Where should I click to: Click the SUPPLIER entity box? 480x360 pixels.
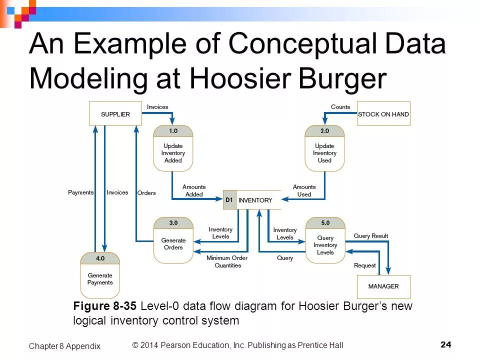pos(115,114)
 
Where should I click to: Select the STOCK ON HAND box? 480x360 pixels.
pos(383,114)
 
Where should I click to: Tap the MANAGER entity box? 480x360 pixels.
pos(383,286)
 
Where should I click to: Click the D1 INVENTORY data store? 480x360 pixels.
pos(252,200)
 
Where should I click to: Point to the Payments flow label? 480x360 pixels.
pos(80,192)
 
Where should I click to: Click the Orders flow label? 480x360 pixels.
pos(146,193)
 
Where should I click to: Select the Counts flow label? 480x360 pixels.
pos(340,107)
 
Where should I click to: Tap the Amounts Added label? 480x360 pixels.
pos(194,190)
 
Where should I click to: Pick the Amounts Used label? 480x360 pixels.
pos(304,190)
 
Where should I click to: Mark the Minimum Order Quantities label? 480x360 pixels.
pos(227,261)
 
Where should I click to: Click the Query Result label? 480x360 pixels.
pos(370,236)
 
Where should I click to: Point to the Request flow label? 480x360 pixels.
pos(364,265)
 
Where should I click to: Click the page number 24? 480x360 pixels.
pos(446,344)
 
